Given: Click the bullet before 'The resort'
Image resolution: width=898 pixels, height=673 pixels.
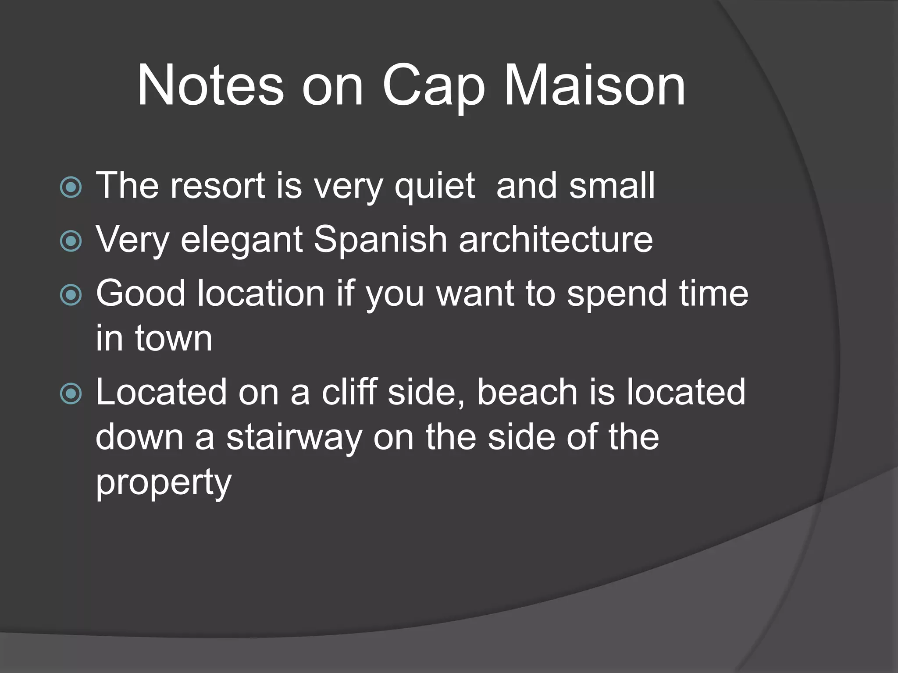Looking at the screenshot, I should tap(71, 188).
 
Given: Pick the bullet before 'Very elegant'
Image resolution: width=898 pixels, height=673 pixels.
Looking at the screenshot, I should tap(71, 241).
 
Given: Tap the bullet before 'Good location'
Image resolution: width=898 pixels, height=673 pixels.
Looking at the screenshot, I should tap(71, 295).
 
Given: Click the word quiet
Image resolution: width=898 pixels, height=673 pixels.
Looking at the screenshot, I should tap(435, 186).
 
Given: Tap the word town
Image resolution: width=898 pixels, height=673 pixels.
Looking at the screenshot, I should tap(174, 338).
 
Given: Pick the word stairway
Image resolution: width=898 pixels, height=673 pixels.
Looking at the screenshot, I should tap(294, 438).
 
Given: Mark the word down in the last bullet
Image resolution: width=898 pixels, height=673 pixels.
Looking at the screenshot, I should tap(139, 437).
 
